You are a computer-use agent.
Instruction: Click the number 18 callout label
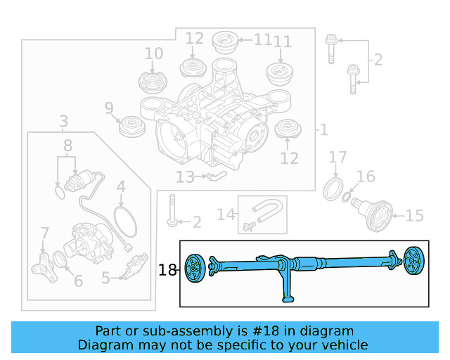point(167,269)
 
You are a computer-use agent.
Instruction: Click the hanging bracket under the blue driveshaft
point(288,288)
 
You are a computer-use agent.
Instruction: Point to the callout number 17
point(338,157)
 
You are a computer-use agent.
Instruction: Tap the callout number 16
point(366,176)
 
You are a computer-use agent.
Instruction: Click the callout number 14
point(226,214)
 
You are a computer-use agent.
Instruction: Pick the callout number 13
point(185,177)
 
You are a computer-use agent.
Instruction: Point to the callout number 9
point(109,108)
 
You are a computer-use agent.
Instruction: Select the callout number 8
point(67,146)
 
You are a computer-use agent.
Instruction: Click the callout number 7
point(45,232)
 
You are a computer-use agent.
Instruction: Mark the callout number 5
point(105,278)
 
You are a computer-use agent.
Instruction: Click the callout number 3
point(63,121)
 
